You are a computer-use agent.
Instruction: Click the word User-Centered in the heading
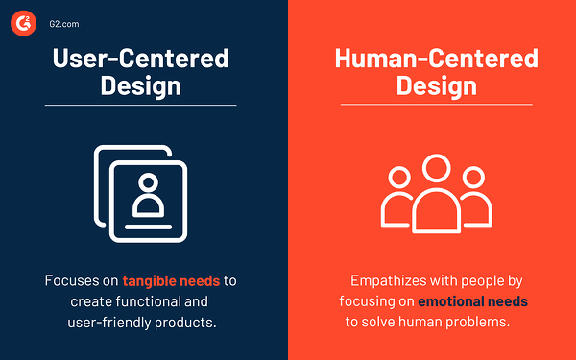click(x=140, y=58)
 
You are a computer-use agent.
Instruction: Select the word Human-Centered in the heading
click(x=435, y=58)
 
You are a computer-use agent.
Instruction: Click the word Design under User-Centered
click(x=140, y=86)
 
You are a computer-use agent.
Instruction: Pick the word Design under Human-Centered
click(x=435, y=86)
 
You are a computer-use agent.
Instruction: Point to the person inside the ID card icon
click(x=147, y=197)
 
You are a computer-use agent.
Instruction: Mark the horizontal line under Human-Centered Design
click(x=435, y=105)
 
